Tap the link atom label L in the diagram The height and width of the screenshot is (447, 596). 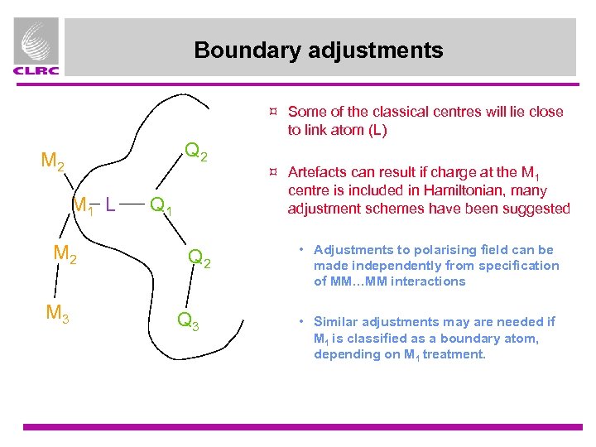pyautogui.click(x=109, y=201)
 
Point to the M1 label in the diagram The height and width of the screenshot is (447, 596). pyautogui.click(x=83, y=203)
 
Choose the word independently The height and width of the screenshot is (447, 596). pyautogui.click(x=392, y=266)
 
